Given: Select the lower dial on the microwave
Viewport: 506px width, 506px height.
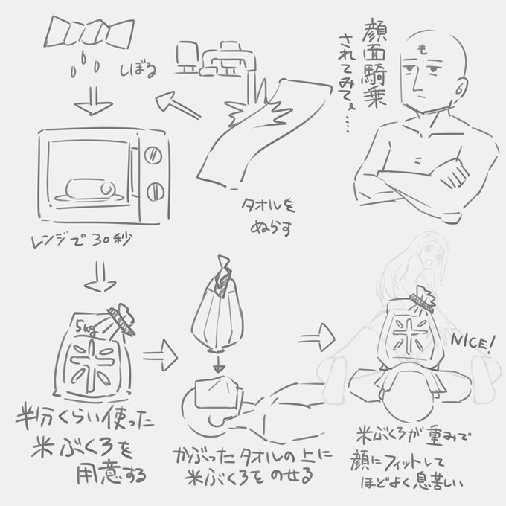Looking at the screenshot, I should pyautogui.click(x=153, y=189).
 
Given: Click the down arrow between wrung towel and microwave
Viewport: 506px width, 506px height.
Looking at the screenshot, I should pyautogui.click(x=87, y=105).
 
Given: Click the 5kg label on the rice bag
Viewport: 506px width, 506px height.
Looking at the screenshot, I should pyautogui.click(x=85, y=324).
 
